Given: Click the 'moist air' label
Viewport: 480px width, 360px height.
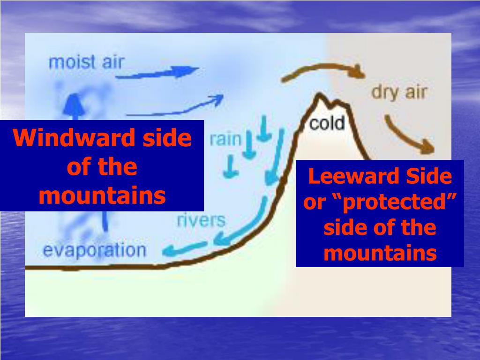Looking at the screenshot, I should tap(86, 62).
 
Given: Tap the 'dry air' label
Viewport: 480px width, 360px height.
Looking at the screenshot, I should tap(399, 92).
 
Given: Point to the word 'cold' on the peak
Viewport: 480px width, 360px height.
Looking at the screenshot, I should tap(327, 123).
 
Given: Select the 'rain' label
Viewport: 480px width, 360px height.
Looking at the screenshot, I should tap(225, 139).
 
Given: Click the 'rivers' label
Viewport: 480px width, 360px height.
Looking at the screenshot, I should tap(201, 220).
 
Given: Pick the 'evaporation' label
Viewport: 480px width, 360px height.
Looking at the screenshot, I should tap(94, 250).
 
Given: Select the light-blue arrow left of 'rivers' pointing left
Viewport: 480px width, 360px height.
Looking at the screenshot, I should tap(186, 248).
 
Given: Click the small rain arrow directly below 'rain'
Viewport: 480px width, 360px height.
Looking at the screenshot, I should tap(230, 166).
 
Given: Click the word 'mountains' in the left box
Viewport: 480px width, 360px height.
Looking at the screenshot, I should tap(102, 196).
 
